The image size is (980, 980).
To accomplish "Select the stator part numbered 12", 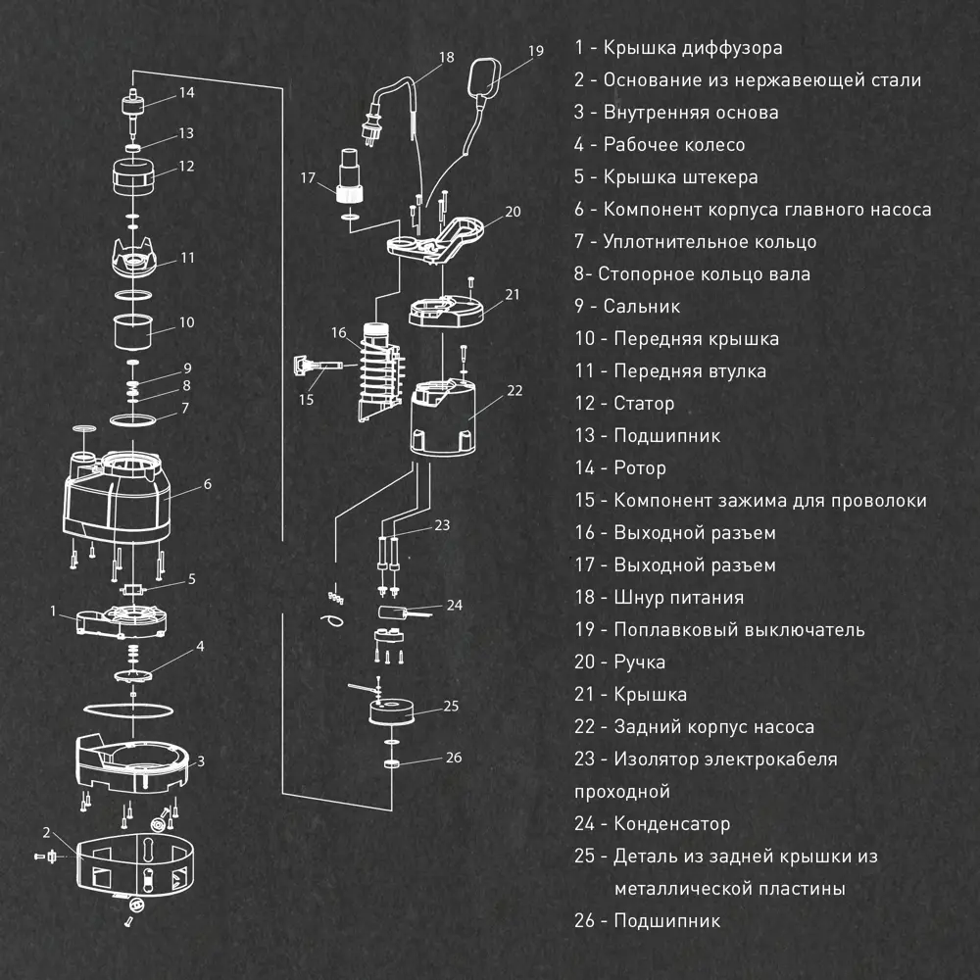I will click(x=132, y=177).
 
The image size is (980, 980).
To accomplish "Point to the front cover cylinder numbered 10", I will click(x=133, y=331).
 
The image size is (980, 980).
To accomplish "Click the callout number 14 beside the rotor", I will click(x=186, y=93).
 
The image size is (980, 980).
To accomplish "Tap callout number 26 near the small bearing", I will click(x=453, y=757).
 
